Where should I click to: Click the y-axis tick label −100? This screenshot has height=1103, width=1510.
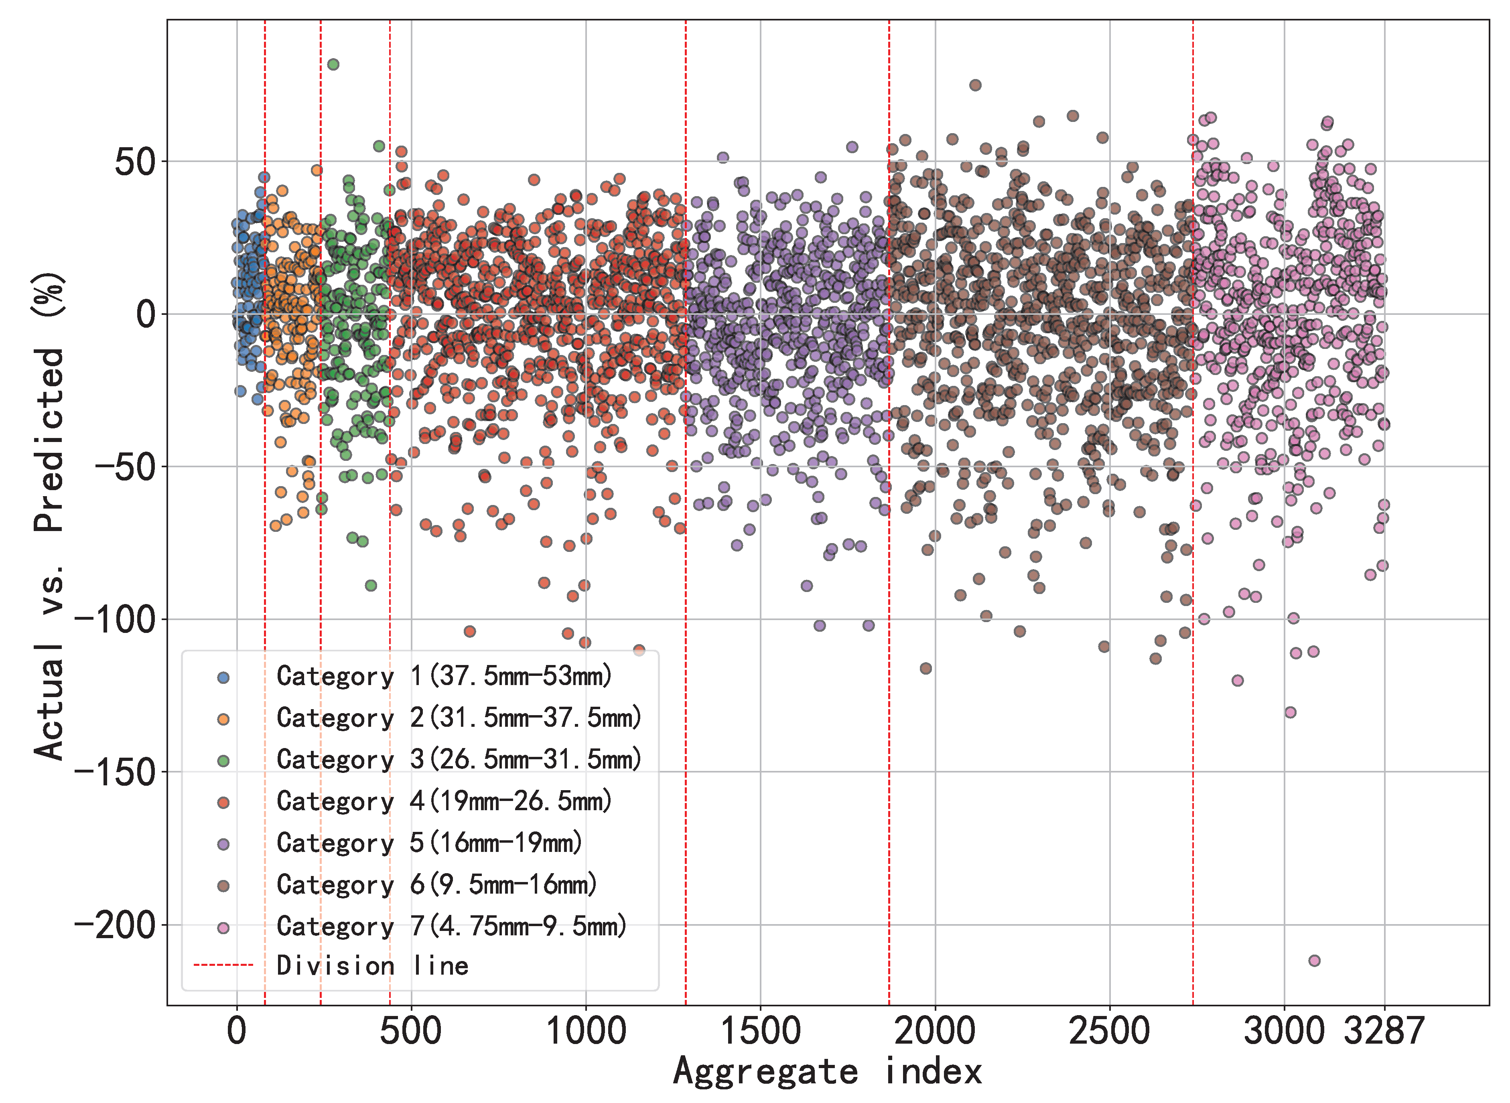tap(114, 620)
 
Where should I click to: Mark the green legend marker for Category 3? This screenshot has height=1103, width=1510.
tap(224, 760)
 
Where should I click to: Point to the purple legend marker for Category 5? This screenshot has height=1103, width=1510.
tap(224, 844)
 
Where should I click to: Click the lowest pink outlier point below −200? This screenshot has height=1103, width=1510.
tap(1314, 961)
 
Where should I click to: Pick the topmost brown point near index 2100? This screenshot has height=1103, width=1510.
tap(975, 85)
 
